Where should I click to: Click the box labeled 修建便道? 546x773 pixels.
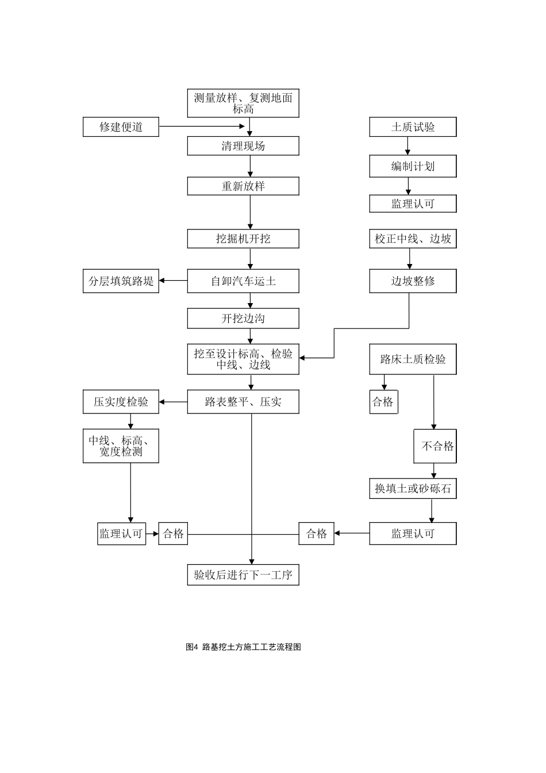(121, 127)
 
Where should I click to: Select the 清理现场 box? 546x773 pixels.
(243, 146)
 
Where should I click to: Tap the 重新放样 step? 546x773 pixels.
(243, 186)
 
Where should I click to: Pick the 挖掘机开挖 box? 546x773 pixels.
(243, 239)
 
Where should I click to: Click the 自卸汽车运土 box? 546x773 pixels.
(243, 281)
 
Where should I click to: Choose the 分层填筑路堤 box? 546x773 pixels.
(121, 281)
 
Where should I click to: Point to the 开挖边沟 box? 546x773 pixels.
(243, 319)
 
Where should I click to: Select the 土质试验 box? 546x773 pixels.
(413, 127)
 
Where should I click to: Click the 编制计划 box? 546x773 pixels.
(413, 167)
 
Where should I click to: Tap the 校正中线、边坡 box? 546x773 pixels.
(413, 239)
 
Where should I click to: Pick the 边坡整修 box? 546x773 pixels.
(413, 281)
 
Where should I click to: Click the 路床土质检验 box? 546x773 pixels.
(413, 359)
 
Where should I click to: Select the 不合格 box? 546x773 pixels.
(436, 446)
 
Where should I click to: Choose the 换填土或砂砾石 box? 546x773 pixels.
(413, 489)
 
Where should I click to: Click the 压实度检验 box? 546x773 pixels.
(121, 402)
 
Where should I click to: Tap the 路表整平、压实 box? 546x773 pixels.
(243, 402)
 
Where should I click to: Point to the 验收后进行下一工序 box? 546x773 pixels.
(243, 575)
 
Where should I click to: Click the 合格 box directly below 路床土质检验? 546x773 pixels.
(383, 402)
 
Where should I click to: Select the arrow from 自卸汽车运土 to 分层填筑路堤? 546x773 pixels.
(174, 281)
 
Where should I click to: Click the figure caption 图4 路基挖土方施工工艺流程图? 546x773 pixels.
(243, 647)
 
